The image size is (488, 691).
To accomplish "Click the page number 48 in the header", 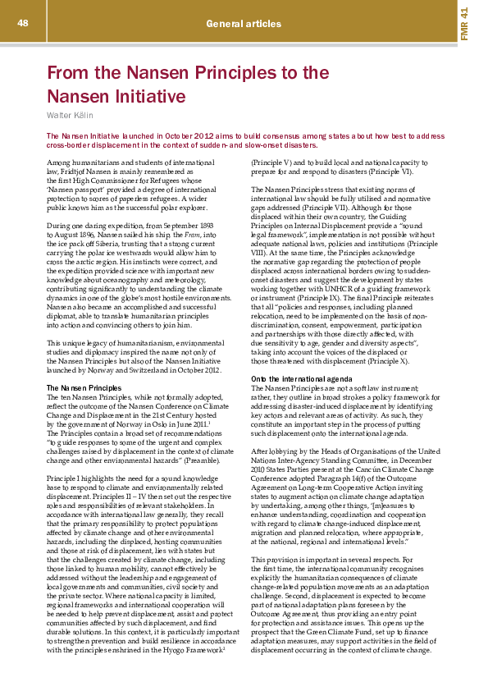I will click(22, 22).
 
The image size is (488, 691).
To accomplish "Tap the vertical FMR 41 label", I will click(464, 25).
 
